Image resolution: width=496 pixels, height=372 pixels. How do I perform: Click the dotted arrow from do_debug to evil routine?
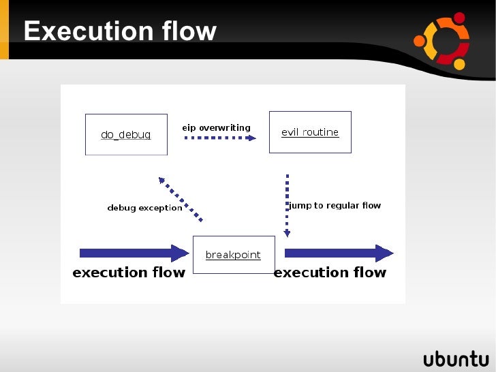click(220, 138)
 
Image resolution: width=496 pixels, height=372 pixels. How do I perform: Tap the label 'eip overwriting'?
click(216, 127)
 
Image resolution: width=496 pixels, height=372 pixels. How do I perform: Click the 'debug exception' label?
click(144, 208)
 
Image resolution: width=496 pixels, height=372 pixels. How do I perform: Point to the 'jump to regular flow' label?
click(335, 205)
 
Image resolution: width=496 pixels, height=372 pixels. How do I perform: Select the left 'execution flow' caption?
click(129, 273)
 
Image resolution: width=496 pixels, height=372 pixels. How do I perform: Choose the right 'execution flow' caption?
click(330, 273)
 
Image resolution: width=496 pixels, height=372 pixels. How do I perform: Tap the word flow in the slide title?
click(189, 31)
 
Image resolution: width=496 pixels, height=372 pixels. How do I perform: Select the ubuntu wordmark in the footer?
click(456, 359)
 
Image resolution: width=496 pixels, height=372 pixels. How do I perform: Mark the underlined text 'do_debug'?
click(125, 135)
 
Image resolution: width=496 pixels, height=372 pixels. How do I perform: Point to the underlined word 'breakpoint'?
click(233, 255)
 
